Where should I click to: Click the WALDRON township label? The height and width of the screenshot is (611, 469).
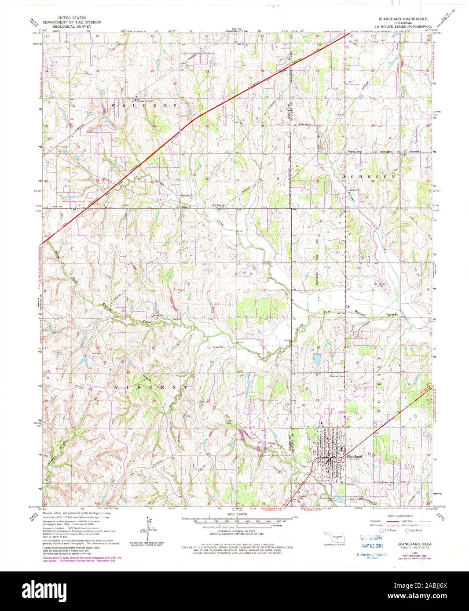pyautogui.click(x=145, y=106)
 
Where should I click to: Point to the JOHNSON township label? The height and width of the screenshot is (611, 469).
pyautogui.click(x=369, y=176)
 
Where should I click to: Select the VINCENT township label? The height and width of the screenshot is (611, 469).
pyautogui.click(x=152, y=388)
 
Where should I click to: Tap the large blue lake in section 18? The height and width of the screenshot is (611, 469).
pyautogui.click(x=316, y=360)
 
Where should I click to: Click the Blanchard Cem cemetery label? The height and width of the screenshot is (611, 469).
pyautogui.click(x=337, y=376)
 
